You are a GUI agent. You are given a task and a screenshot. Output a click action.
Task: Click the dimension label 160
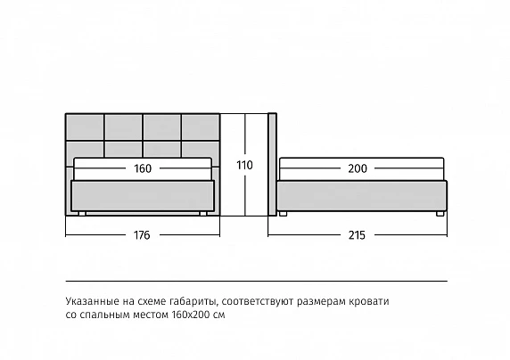143,168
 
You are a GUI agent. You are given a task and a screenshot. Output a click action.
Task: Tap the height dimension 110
244,165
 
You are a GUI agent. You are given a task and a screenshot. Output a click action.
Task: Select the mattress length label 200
358,168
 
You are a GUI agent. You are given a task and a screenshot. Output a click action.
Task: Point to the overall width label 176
142,234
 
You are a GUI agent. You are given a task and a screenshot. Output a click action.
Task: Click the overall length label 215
357,234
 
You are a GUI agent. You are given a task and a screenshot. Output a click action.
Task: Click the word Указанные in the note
93,301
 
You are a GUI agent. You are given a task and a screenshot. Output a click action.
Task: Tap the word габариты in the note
193,302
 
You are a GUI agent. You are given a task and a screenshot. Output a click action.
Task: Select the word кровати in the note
369,301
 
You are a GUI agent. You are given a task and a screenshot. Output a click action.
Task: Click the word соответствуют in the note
259,302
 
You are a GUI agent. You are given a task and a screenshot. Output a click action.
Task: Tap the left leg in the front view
82,214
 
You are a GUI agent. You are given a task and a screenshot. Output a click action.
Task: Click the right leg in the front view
203,214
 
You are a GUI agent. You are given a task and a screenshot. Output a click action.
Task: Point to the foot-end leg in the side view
440,214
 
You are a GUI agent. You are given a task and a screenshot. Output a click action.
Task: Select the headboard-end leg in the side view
283,214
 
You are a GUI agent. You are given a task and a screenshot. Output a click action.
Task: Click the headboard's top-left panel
85,127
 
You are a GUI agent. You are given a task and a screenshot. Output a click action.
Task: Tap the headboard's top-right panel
200,127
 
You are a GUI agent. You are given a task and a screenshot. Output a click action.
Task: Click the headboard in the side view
272,164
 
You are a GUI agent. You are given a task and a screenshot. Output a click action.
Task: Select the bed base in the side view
362,196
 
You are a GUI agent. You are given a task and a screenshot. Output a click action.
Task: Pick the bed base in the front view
143,196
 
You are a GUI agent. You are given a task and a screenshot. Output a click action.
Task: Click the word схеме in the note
152,302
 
